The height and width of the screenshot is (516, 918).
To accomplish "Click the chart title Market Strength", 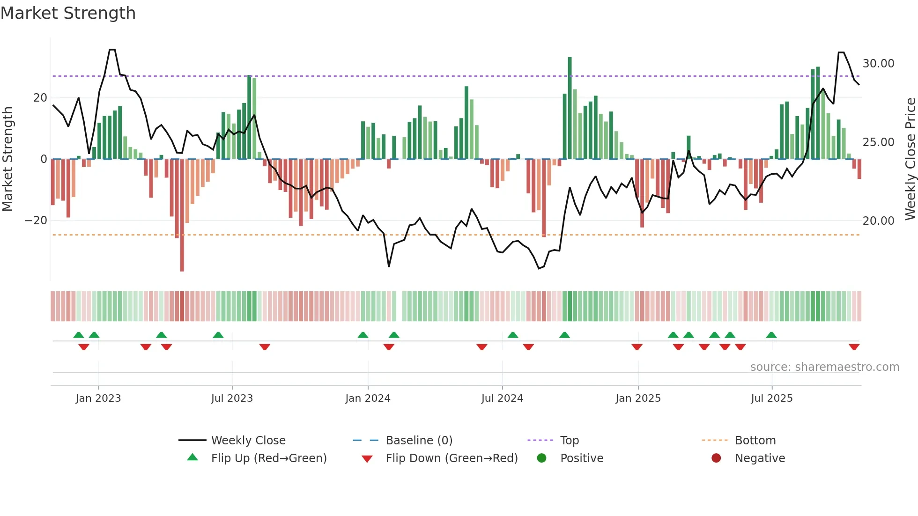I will coord(68,13).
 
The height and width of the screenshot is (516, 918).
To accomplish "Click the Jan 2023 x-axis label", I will coord(98,398).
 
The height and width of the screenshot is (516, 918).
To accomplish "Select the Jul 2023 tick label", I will coord(232,398).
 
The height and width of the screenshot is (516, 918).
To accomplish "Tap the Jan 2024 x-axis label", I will coord(368,398).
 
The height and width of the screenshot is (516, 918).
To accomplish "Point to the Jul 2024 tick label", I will coord(502,398).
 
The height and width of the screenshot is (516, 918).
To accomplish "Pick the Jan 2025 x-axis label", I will coord(638,398).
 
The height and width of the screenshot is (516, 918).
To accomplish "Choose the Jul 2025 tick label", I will coord(771,398).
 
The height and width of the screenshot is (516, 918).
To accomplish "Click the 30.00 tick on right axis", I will coord(878,64).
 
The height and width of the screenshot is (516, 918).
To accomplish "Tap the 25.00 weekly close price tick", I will coord(878,142).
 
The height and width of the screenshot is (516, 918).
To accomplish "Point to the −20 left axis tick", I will coord(36,221).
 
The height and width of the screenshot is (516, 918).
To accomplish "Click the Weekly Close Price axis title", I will coord(910,159).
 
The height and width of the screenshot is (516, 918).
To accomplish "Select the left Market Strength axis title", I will coord(7,159).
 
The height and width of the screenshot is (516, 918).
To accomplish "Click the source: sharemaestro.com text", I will coord(824,367).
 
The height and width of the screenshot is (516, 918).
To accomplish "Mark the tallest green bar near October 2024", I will coord(570,108).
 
